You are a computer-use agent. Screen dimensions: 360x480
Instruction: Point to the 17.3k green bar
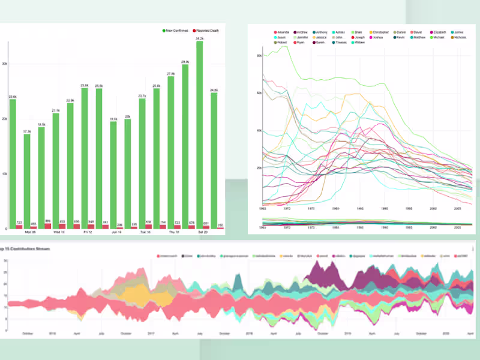click(27, 180)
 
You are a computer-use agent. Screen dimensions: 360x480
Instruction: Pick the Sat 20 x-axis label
click(203, 232)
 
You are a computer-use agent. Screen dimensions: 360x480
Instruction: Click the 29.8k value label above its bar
click(185, 61)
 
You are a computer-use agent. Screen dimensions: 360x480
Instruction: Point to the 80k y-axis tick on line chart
click(259, 55)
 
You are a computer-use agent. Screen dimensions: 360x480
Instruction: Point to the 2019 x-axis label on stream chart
click(349, 333)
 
